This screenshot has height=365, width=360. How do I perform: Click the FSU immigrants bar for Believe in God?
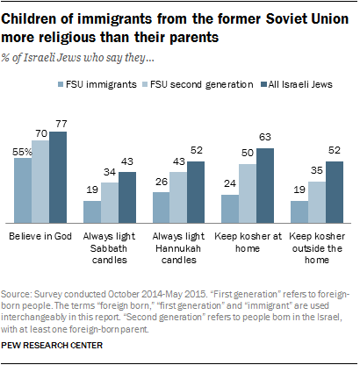tap(23, 192)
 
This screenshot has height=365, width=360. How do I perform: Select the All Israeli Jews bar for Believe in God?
tap(59, 176)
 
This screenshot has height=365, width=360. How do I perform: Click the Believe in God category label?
tap(40, 238)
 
